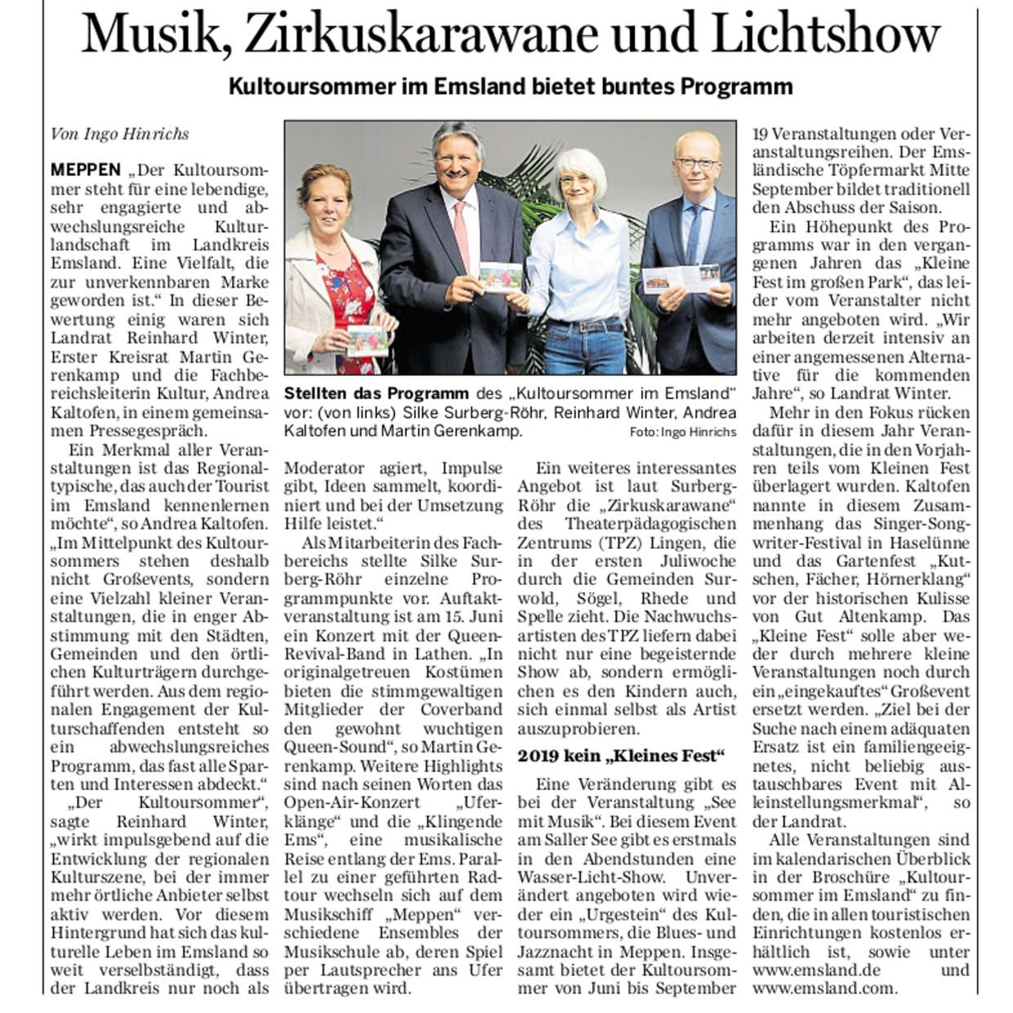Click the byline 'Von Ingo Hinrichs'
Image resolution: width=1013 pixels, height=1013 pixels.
tap(119, 134)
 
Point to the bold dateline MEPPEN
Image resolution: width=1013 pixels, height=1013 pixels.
tap(85, 171)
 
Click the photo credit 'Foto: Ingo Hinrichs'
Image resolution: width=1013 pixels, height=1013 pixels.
tap(683, 431)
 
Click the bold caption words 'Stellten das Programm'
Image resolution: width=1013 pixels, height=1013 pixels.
tap(376, 394)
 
